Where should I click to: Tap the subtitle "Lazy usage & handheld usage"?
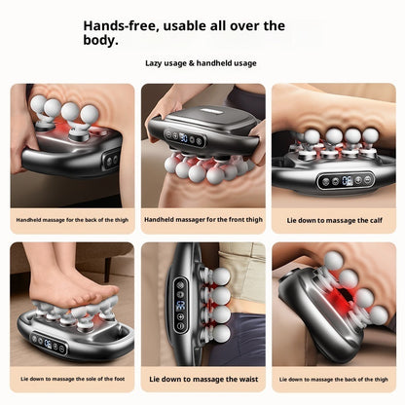tap(202, 62)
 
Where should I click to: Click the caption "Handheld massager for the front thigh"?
tap(201, 219)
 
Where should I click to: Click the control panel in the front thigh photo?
tap(184, 138)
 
